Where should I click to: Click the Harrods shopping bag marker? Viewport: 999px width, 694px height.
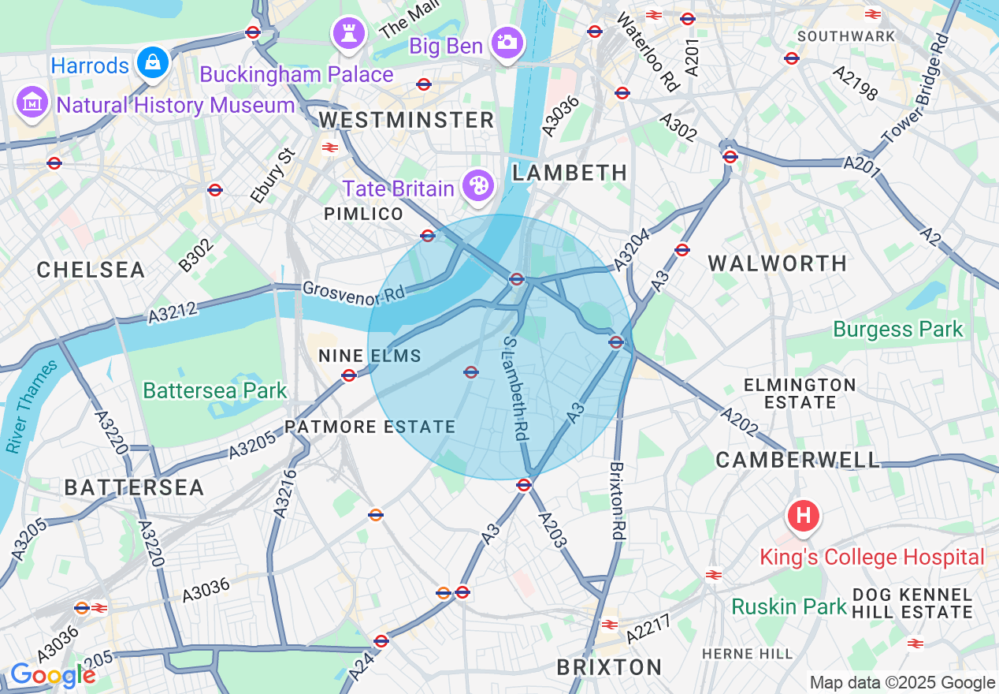[x=153, y=63]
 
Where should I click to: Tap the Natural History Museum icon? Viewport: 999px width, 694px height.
[x=32, y=103]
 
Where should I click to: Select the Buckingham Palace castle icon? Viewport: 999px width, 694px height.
[x=346, y=34]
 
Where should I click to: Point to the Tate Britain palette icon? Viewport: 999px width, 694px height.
[x=477, y=187]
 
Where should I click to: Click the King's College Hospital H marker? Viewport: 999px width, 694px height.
[x=803, y=517]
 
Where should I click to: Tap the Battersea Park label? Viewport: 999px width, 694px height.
[x=214, y=390]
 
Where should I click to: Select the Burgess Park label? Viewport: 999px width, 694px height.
[x=897, y=329]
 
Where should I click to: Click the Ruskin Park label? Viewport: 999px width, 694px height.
[x=789, y=606]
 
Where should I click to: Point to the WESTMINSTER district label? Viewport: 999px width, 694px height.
[x=407, y=120]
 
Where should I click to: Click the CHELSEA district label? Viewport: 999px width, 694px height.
[x=91, y=270]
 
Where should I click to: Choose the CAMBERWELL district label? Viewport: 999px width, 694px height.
[x=797, y=460]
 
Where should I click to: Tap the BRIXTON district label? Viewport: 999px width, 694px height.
[x=609, y=667]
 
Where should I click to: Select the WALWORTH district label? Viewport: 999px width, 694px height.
[x=777, y=263]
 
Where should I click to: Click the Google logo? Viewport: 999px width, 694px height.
[x=52, y=676]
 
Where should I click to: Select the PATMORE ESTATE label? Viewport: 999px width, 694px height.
[x=370, y=427]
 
